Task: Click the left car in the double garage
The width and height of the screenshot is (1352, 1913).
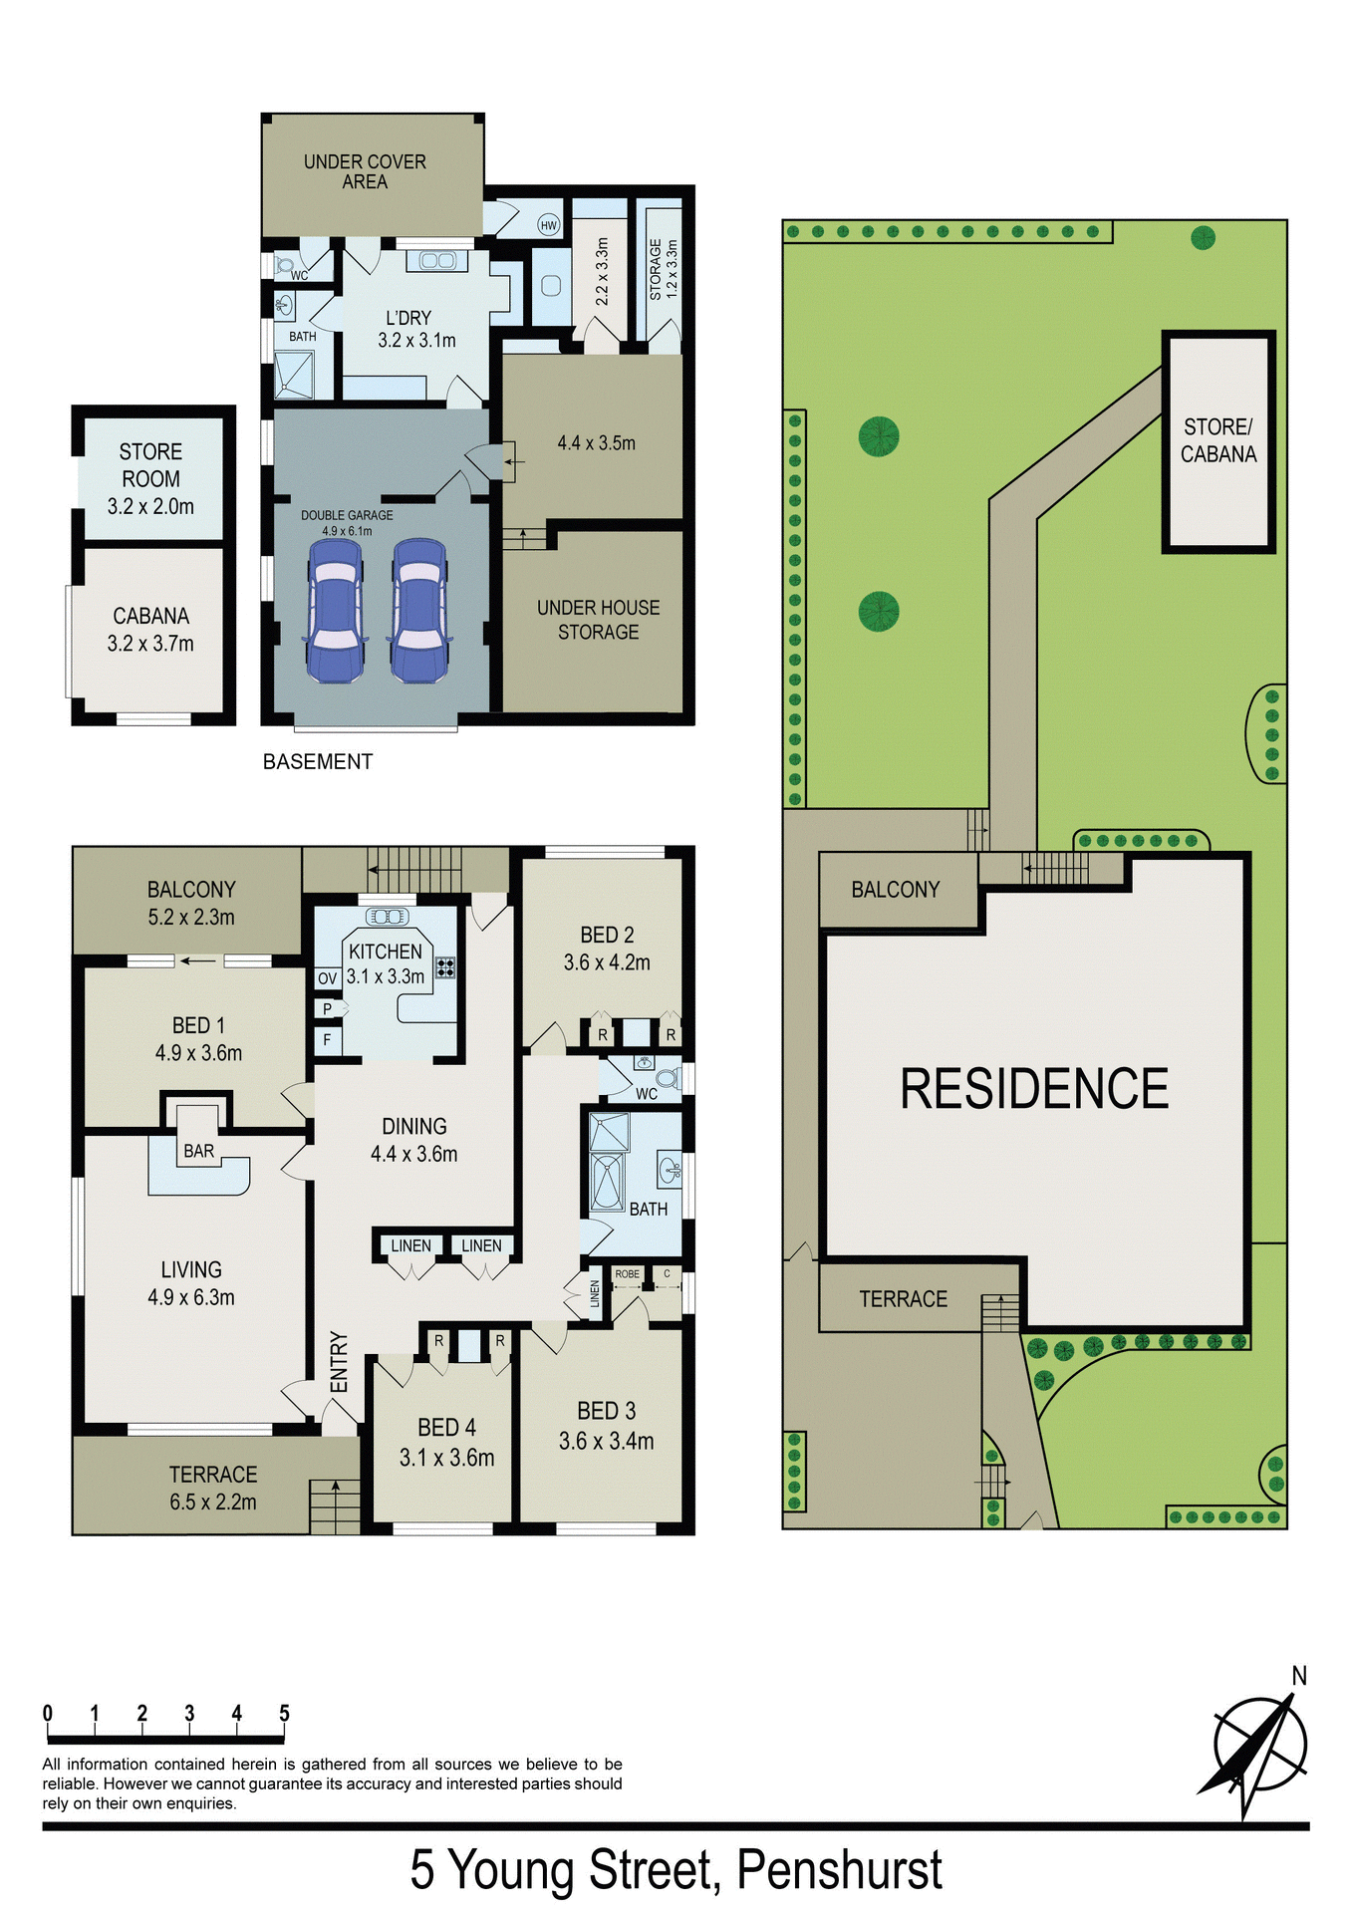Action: (x=335, y=611)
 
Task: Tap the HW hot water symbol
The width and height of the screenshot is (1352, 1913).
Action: (x=548, y=225)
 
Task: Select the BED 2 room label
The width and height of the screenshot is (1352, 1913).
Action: (x=607, y=949)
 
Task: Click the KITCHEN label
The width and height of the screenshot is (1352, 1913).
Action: (x=385, y=952)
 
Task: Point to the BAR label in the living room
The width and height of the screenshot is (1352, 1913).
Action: (x=199, y=1151)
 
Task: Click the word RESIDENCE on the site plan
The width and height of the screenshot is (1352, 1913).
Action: (x=1034, y=1088)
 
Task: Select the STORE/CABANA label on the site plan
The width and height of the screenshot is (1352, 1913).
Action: (x=1218, y=440)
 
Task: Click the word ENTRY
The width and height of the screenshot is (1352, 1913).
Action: (x=339, y=1362)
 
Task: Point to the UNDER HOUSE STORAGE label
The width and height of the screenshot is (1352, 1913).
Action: (x=598, y=620)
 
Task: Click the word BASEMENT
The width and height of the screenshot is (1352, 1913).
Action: (x=318, y=762)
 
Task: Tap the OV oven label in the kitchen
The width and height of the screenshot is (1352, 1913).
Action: (x=327, y=978)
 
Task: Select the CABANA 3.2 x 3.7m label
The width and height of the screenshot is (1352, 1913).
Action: (x=150, y=630)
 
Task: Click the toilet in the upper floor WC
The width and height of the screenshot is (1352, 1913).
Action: (x=668, y=1077)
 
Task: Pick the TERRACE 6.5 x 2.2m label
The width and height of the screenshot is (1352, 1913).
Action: (x=213, y=1488)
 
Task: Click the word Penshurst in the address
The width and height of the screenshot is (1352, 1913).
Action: (x=839, y=1869)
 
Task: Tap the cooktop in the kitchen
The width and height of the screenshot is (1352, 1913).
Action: (x=445, y=966)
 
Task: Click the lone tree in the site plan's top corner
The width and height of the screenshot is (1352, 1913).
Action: (x=1203, y=238)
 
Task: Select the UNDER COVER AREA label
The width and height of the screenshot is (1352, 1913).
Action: (x=365, y=171)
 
